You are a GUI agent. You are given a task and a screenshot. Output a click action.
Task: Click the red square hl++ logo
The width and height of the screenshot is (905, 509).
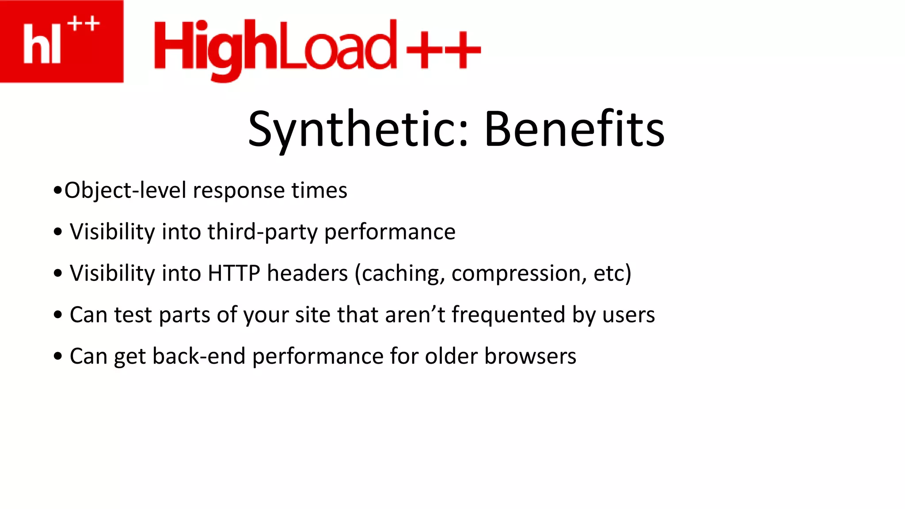pos(61,41)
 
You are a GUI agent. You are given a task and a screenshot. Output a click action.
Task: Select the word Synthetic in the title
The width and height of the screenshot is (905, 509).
pos(358,129)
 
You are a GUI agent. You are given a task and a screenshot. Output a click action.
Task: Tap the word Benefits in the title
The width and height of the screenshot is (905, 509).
pos(574,129)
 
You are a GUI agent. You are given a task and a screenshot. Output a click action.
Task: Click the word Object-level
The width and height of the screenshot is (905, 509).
pos(125,190)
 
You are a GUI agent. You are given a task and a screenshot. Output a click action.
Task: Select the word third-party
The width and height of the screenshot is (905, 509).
pos(262,232)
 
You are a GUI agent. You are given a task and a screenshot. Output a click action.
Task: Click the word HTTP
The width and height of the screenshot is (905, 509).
pos(234,273)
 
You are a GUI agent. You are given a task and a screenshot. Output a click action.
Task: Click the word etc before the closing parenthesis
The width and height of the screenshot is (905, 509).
pos(608,273)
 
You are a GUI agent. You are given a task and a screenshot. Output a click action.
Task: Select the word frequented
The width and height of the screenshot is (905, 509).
pos(508,315)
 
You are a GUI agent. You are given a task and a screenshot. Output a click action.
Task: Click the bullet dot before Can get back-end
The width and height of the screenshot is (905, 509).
pos(58,356)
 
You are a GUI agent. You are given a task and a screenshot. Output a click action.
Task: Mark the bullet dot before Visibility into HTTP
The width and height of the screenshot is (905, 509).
pos(58,273)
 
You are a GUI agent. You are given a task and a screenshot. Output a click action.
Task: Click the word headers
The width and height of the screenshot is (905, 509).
pos(308,273)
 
